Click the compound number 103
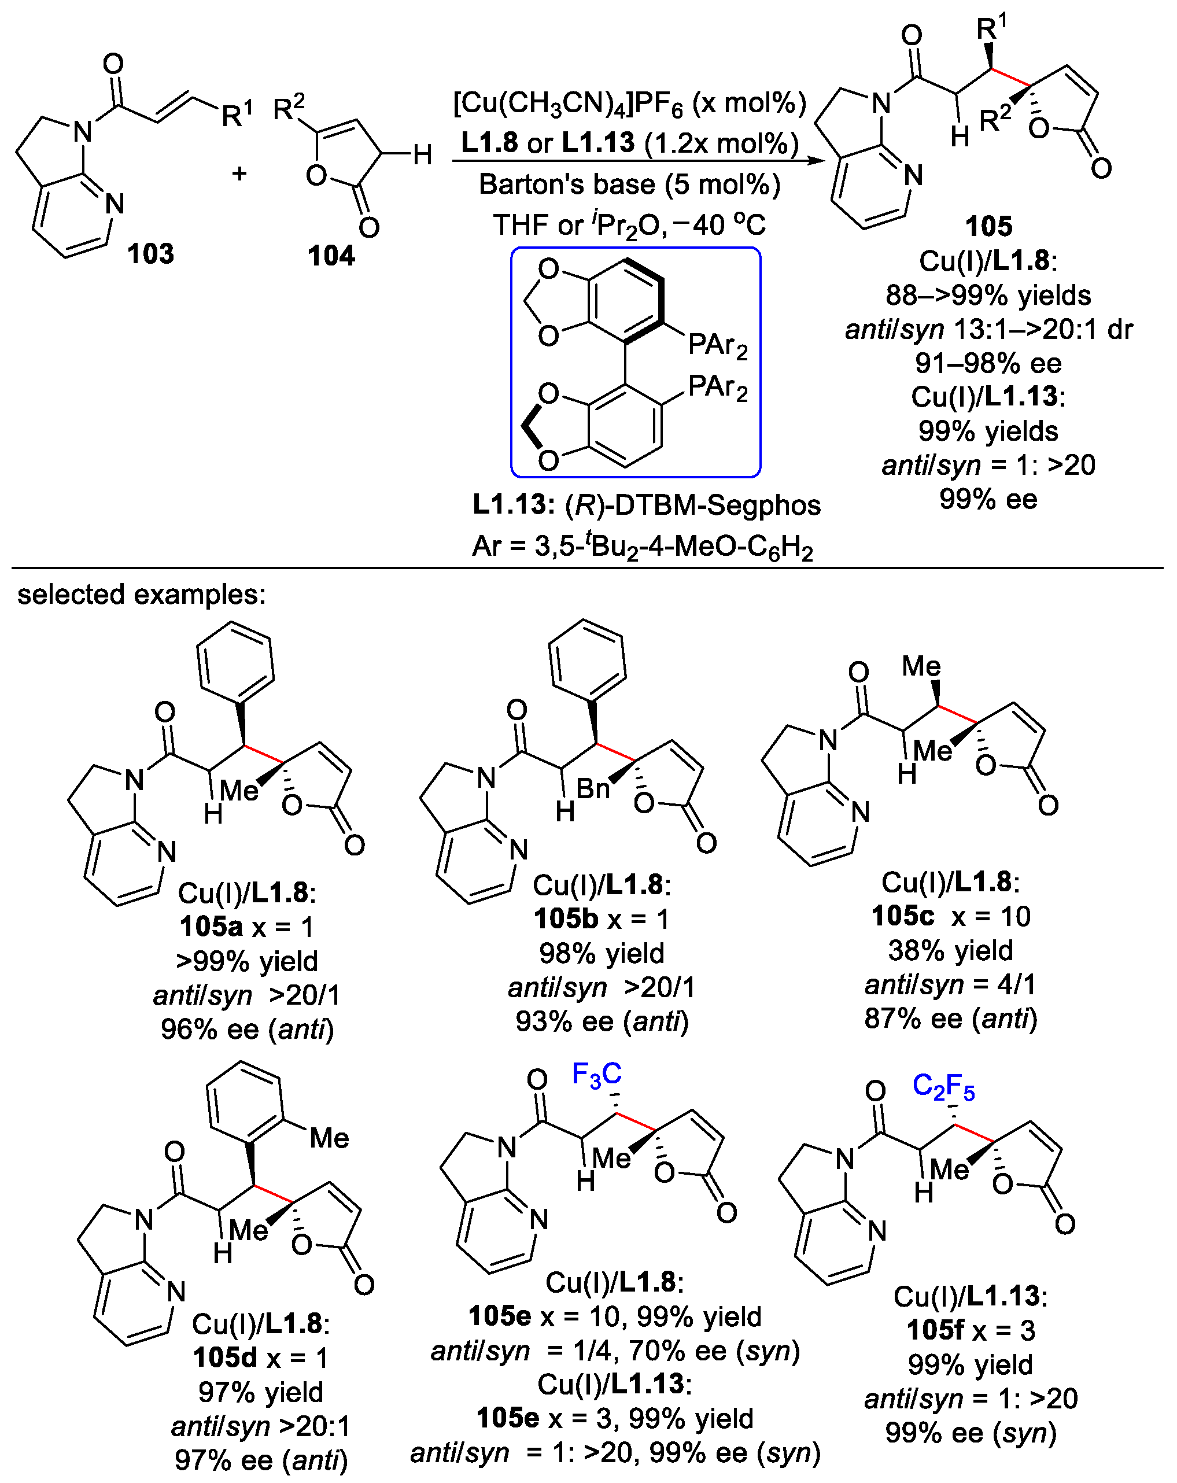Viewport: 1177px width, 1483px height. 150,254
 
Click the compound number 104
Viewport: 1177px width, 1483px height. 331,256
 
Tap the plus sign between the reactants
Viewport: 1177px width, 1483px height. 239,172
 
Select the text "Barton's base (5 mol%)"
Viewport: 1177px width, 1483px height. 629,185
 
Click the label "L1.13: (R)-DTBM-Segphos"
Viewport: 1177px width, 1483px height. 646,505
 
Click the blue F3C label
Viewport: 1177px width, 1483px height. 596,1073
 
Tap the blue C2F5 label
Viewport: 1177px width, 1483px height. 943,1086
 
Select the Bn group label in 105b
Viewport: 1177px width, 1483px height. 593,788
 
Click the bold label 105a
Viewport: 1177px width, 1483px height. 211,927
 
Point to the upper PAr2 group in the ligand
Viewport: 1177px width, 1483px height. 718,345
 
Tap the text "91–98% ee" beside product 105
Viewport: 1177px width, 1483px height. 988,363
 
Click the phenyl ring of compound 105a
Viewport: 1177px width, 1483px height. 235,662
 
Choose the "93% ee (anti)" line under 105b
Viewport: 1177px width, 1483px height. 602,1021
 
